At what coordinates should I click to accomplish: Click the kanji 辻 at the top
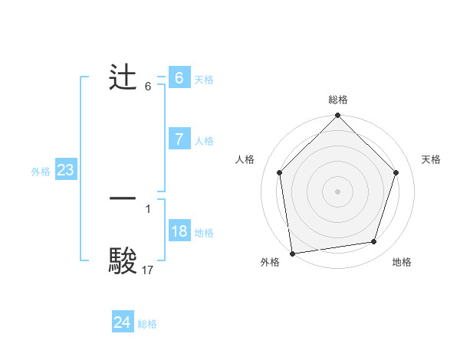123,79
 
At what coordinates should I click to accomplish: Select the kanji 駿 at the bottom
123,260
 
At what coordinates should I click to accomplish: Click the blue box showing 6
179,78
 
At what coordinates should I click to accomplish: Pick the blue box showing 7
179,139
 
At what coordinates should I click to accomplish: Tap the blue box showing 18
179,231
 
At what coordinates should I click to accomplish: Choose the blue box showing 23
65,170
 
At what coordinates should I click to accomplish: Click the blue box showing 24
122,322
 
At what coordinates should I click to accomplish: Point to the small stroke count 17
148,270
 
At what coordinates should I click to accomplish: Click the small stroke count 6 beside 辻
148,87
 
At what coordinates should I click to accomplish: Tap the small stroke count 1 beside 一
148,208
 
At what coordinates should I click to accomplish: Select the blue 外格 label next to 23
41,172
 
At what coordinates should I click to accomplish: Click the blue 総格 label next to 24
147,324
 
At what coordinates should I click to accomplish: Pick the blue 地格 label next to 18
204,233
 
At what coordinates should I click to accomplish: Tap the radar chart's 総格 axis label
337,100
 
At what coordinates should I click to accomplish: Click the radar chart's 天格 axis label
431,159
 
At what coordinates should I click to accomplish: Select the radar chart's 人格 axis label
245,159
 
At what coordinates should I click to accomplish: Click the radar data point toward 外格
292,253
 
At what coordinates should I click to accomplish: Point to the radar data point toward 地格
374,242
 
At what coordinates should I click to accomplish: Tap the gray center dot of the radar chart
337,191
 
